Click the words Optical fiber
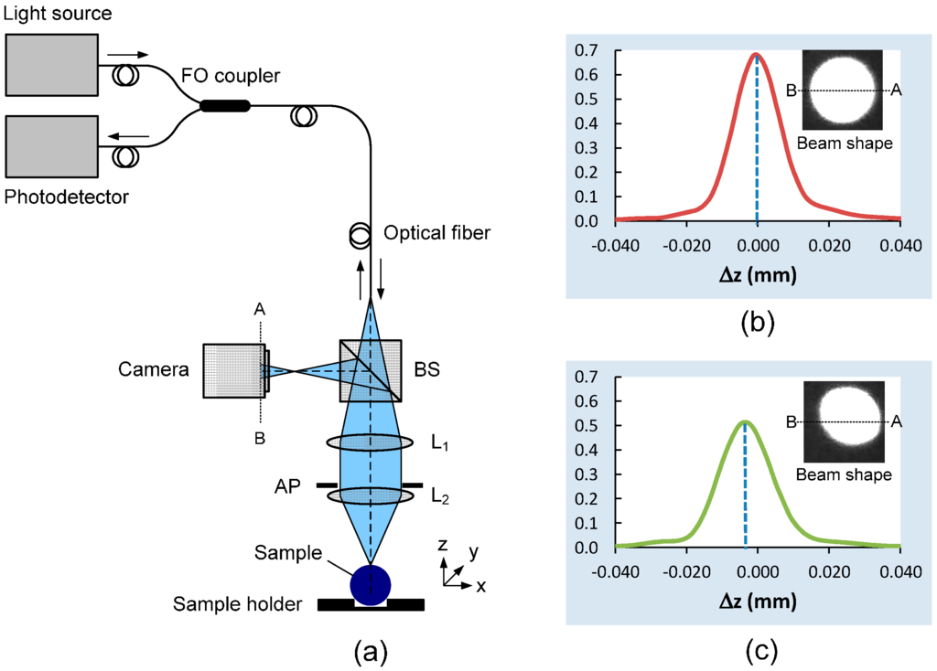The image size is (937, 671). [x=437, y=233]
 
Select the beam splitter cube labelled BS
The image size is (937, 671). [x=370, y=370]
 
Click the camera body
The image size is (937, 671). [x=234, y=370]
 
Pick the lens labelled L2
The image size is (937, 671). [x=370, y=496]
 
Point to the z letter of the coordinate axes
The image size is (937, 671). [x=442, y=545]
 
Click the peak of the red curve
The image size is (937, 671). [x=757, y=54]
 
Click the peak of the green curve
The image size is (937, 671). [x=745, y=421]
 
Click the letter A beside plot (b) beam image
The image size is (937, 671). [x=897, y=90]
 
